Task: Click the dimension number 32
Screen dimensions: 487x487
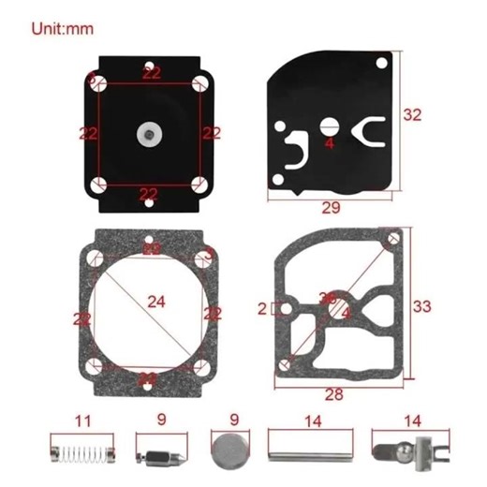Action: (412, 114)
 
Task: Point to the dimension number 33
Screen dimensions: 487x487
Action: (422, 306)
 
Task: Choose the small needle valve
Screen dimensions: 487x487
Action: (155, 453)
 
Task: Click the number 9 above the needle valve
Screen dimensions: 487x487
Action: (162, 421)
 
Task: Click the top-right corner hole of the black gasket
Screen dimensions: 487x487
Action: (382, 62)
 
